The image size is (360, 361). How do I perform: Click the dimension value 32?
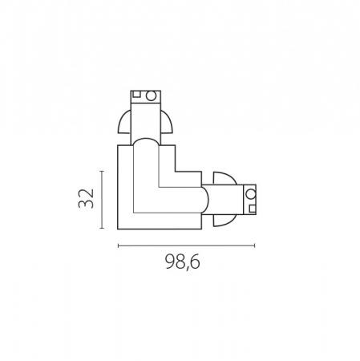[86, 198]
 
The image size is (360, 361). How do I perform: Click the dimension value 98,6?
[183, 262]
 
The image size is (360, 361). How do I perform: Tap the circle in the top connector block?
[152, 95]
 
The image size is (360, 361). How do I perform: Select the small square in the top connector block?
[136, 94]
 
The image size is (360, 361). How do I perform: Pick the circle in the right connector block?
[251, 193]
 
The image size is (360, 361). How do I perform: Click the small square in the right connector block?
[253, 209]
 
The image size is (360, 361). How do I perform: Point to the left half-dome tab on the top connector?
[124, 122]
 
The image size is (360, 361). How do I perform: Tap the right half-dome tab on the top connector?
[166, 122]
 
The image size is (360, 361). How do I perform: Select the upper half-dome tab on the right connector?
[224, 178]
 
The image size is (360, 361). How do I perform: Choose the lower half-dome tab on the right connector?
[224, 220]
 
